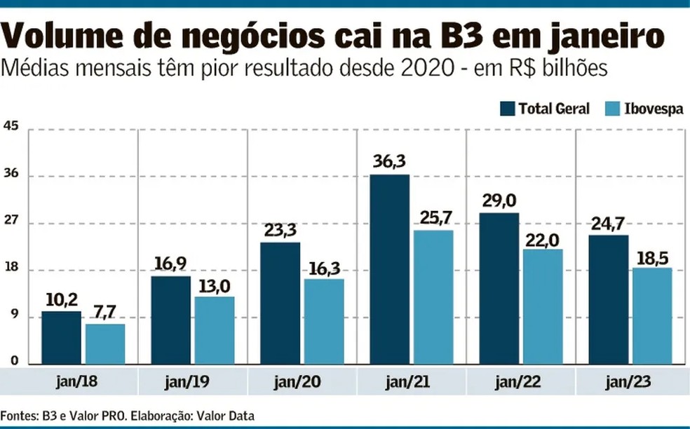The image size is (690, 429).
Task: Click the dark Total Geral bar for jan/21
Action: click(x=389, y=270)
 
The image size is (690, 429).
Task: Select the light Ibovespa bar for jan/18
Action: click(x=105, y=344)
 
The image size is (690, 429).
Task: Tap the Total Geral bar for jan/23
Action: click(x=609, y=300)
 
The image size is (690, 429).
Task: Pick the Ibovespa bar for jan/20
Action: click(x=324, y=322)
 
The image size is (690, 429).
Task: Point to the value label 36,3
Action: click(x=389, y=162)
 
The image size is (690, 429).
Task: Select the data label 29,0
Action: click(x=499, y=200)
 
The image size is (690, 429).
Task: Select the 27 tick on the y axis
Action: click(x=11, y=223)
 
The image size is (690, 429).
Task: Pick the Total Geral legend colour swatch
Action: click(x=508, y=109)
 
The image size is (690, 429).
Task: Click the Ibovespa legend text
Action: click(x=654, y=109)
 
